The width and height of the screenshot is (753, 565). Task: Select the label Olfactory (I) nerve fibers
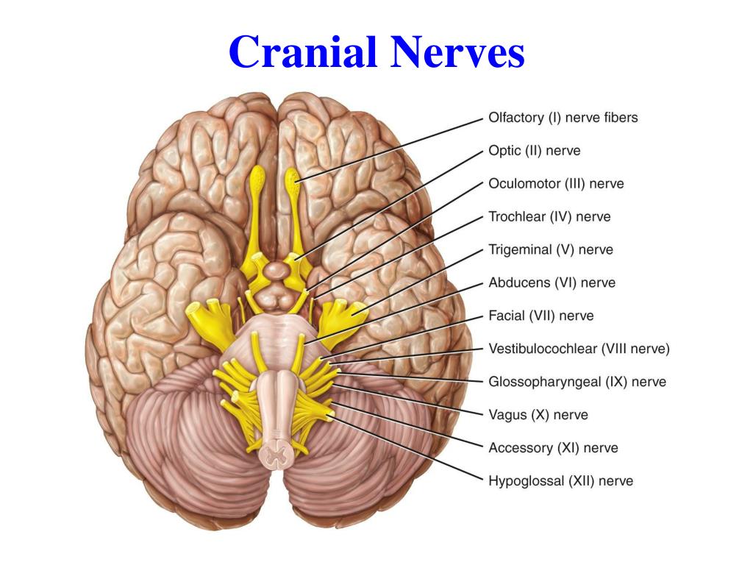coord(563,118)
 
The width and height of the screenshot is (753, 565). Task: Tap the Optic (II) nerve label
coord(534,151)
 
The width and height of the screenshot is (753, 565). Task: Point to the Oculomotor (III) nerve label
coord(556,184)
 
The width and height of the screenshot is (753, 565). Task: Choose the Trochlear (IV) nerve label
coord(549,217)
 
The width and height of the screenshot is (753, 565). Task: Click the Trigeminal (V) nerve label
coord(550,250)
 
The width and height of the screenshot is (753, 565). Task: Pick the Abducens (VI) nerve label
coord(552,283)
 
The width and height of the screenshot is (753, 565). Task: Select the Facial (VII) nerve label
coord(540,316)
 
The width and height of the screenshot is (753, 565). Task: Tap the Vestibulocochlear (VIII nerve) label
coord(579,349)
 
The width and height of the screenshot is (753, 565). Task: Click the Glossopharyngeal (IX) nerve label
coord(577,383)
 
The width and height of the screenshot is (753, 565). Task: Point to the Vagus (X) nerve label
coord(538,415)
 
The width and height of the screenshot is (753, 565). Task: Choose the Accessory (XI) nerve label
coord(553,448)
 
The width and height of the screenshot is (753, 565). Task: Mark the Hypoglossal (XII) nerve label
coord(560,481)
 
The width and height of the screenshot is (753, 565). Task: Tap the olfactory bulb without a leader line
coord(258,177)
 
